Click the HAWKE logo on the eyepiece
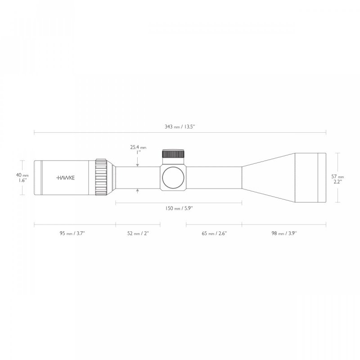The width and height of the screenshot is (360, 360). coord(66,178)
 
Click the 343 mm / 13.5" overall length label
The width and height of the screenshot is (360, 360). coord(180,127)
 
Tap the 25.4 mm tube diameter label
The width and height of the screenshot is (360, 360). coord(138,147)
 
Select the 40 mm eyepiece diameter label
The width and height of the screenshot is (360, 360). coord(22,175)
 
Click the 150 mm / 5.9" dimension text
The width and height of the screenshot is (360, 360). coord(180,209)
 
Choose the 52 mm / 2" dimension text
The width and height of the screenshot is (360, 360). coord(138,233)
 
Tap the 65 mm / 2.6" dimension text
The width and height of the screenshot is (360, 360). coord(214,233)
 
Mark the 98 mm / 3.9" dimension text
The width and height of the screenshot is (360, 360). coord(284,233)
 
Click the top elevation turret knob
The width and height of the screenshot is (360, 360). coord(173,154)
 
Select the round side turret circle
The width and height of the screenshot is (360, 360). coord(173,178)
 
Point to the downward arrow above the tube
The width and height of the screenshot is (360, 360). coord(138,165)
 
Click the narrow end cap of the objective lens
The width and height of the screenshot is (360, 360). coord(322,178)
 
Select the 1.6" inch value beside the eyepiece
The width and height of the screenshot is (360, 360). coord(22,180)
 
